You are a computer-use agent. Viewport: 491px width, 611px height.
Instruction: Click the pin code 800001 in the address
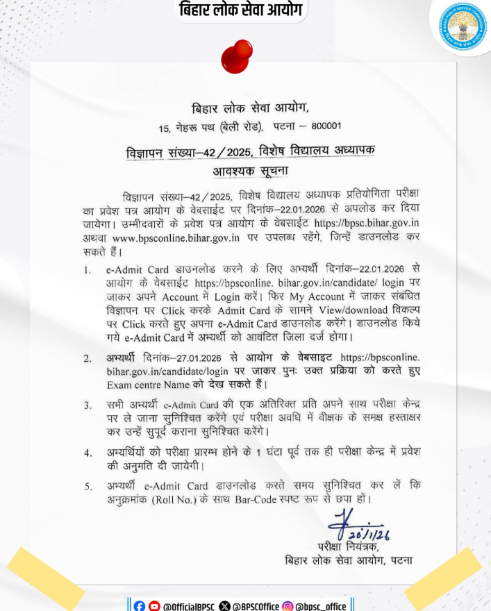323,128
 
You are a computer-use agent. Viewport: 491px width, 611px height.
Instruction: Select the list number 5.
87,486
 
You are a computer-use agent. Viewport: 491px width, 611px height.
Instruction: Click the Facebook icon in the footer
140,605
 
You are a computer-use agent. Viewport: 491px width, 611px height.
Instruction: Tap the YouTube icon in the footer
154,605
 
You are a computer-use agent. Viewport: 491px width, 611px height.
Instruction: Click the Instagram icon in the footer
287,605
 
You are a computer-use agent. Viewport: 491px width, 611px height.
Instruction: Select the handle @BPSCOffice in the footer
255,605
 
